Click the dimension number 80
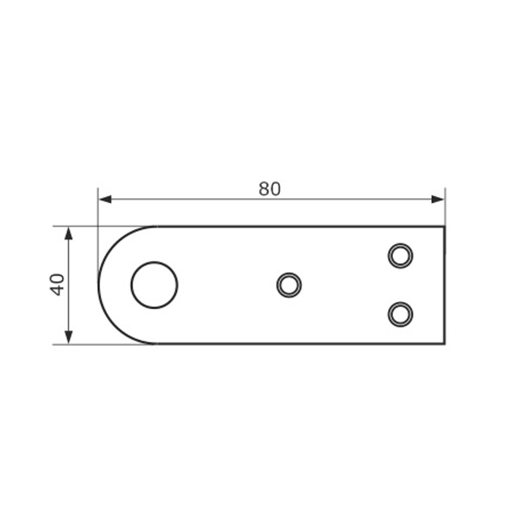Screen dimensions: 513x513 click(x=269, y=189)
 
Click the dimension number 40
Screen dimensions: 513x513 click(x=57, y=285)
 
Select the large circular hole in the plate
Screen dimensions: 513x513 click(x=155, y=285)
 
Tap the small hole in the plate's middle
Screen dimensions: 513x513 click(x=289, y=285)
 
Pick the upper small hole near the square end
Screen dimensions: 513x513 click(x=400, y=255)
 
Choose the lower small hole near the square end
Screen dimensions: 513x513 click(x=400, y=314)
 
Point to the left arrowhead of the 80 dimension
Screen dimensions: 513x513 click(x=105, y=199)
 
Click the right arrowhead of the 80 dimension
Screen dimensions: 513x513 click(x=437, y=199)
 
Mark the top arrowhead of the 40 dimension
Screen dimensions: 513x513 click(x=69, y=233)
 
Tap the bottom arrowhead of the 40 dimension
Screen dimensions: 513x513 click(x=69, y=337)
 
